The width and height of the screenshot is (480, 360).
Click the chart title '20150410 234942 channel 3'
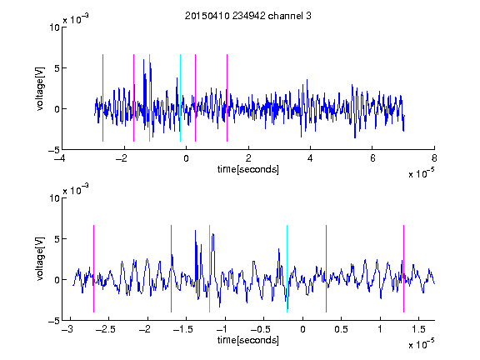coord(248,16)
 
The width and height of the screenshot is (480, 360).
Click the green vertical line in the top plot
coord(149,98)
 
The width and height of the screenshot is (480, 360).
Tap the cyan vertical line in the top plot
coord(180,98)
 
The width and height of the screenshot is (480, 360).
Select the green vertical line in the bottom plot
coord(209,269)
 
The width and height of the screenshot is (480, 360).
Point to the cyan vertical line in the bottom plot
coord(287,269)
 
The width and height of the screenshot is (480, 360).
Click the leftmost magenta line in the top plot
coord(102,98)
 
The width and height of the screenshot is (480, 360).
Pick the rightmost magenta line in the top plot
coord(227,98)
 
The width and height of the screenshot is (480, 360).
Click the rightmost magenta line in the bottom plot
coord(403,269)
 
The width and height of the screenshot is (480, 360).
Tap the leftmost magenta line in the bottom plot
coord(93,269)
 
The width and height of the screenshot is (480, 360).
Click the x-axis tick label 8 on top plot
coord(434,158)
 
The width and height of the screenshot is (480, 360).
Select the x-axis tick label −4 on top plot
coord(59,158)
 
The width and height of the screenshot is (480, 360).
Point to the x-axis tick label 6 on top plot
coord(372,158)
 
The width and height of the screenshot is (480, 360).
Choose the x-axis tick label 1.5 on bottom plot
coord(418,329)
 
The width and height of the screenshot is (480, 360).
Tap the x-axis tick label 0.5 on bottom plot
coord(341,329)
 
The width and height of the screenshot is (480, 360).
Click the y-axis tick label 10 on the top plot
coord(54,27)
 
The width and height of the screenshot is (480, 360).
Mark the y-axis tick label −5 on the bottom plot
coord(54,321)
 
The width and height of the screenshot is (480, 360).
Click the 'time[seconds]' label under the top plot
coord(248,169)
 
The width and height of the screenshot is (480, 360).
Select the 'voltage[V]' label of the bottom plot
coord(40,258)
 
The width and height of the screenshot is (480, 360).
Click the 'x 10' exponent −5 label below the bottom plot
coord(421,344)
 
